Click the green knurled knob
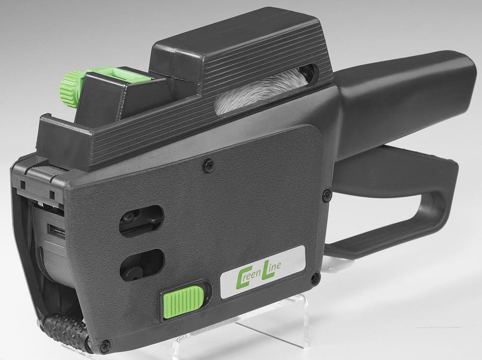(x=69, y=88)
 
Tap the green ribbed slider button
(x=183, y=302)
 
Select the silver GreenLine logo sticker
(x=263, y=272)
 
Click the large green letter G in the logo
(x=242, y=279)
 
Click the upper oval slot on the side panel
(x=141, y=221)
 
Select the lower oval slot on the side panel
(x=142, y=265)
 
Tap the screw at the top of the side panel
(x=208, y=166)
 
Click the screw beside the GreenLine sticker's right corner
(x=315, y=279)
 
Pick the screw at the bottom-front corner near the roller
(x=106, y=344)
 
